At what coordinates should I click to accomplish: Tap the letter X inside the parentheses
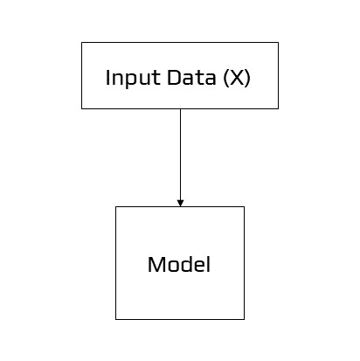pos(236,77)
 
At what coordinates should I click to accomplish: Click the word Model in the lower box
pos(179,264)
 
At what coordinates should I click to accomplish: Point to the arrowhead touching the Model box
pos(180,203)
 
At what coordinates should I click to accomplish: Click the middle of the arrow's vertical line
pos(180,157)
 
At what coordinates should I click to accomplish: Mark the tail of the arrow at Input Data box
pos(180,109)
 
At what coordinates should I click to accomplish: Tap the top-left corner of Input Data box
pos(82,43)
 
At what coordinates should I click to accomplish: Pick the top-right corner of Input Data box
pos(278,43)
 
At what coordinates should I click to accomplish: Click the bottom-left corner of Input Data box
pos(82,108)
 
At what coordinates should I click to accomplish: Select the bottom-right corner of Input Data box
pos(278,108)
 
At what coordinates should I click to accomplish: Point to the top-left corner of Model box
pos(116,207)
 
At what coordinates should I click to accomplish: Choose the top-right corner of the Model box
pos(244,207)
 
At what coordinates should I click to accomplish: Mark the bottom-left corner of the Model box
pos(116,319)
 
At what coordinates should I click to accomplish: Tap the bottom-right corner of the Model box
pos(244,319)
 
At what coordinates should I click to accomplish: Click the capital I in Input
pos(107,77)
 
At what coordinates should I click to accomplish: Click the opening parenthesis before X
pos(225,77)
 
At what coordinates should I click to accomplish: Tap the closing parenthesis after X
pos(248,77)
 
